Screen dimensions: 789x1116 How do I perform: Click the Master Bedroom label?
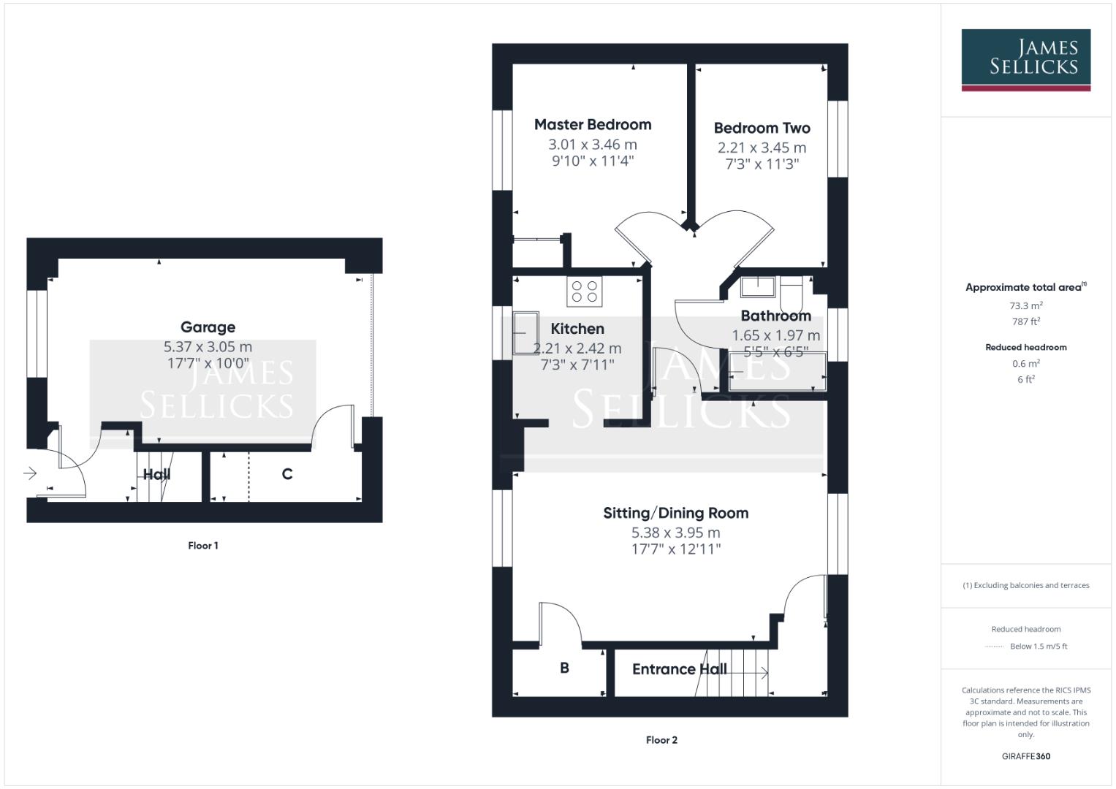[x=592, y=125]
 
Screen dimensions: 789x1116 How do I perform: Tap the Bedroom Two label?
[x=762, y=128]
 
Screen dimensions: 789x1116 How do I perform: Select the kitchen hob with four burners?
[x=584, y=291]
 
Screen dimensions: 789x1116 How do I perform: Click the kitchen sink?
[x=525, y=333]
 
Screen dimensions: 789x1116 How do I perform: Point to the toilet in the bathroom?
[x=792, y=292]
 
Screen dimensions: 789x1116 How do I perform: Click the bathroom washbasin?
[x=757, y=286]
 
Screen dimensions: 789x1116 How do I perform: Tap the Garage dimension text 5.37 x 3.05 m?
[x=208, y=347]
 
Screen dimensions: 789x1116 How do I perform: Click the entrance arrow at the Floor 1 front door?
[x=30, y=473]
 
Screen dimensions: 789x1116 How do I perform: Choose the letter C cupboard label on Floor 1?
[x=287, y=474]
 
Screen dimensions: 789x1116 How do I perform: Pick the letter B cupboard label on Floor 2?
[x=564, y=668]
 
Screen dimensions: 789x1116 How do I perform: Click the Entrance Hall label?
[x=679, y=669]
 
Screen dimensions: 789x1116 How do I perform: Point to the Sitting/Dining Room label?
[x=675, y=513]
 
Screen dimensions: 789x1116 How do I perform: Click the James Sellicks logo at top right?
[x=1025, y=58]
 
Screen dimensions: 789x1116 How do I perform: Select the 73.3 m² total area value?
[x=1025, y=306]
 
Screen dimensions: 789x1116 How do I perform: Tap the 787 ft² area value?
[x=1025, y=321]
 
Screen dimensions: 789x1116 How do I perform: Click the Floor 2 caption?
[x=661, y=740]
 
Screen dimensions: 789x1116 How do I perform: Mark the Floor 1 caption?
[x=203, y=546]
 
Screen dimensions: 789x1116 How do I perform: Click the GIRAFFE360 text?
[x=1025, y=756]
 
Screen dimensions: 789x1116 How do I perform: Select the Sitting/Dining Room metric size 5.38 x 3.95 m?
[x=675, y=533]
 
